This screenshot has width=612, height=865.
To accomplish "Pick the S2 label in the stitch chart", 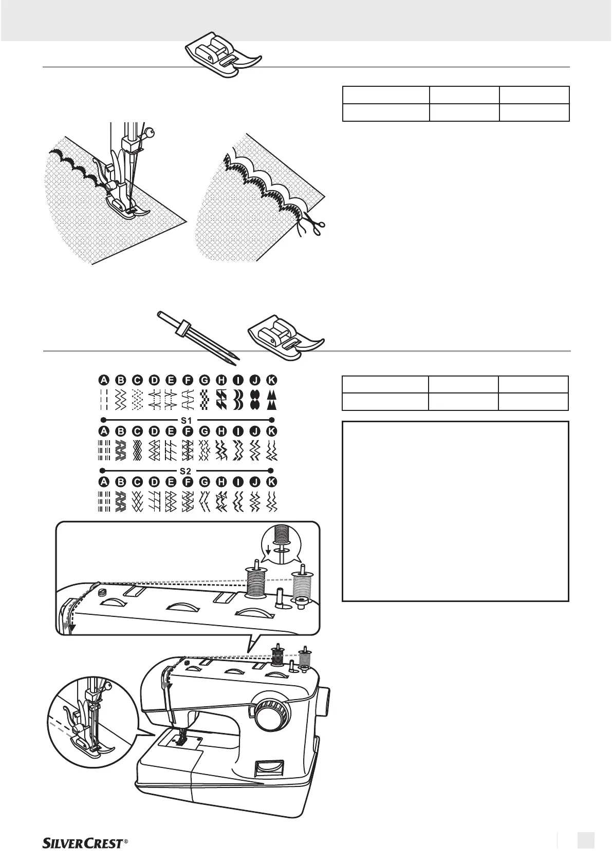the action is tap(187, 470).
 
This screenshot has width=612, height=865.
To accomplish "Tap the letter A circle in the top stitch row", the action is tap(104, 380).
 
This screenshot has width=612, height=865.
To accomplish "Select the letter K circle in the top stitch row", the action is tap(272, 380).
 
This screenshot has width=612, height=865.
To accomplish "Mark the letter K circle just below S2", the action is tap(272, 482).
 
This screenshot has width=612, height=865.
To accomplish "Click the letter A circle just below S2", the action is tap(104, 482).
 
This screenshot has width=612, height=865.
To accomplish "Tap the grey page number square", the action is tap(585, 840).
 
